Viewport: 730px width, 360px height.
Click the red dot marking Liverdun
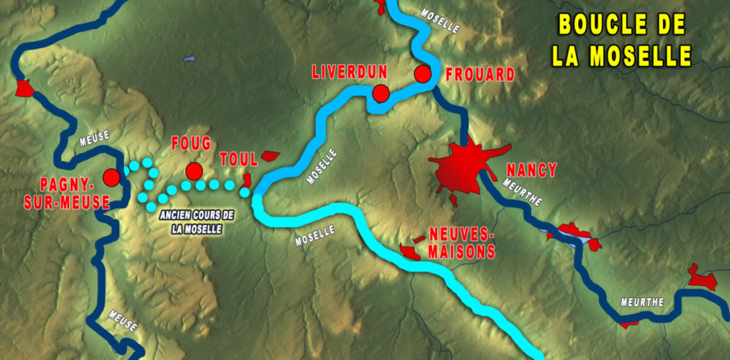[x=381, y=93]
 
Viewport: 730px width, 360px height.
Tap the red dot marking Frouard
[x=423, y=73]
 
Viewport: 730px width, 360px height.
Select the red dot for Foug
[x=193, y=171]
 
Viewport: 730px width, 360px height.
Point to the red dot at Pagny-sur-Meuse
[x=110, y=177]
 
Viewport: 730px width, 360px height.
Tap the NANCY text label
[x=531, y=170]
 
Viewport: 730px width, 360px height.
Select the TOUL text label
[x=238, y=159]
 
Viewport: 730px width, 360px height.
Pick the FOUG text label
[x=191, y=143]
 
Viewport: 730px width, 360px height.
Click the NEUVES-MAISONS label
[x=462, y=242]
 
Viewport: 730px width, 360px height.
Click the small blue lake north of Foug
[x=189, y=58]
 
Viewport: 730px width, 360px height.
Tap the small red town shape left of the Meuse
[x=24, y=88]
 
